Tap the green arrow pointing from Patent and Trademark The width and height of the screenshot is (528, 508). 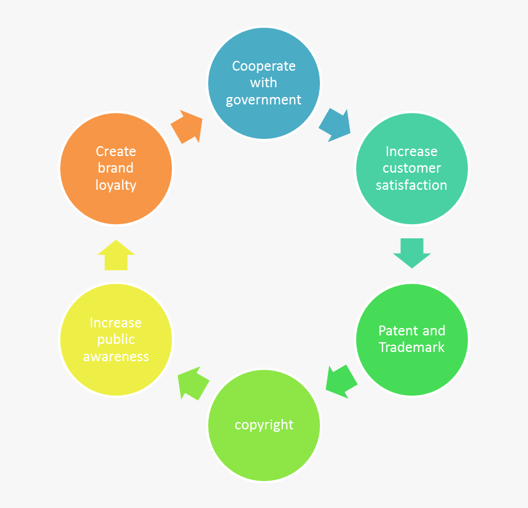pos(341,381)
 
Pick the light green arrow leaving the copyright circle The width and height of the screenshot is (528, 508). pos(193,383)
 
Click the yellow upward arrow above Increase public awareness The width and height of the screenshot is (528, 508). pos(116,255)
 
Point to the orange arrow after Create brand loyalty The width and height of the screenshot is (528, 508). pos(187,127)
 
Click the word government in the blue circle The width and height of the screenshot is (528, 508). pos(263,100)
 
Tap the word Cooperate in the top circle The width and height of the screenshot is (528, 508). pos(263,66)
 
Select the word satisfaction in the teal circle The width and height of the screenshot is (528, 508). pos(411,185)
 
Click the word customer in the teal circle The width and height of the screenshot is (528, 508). pos(411,168)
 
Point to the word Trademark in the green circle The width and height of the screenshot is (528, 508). pos(411,348)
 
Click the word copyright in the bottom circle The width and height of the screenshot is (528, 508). pos(264,425)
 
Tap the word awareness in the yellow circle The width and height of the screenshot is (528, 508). pos(116,356)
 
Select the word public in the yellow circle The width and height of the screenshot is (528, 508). pos(116,340)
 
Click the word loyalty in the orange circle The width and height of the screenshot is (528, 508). pos(116,185)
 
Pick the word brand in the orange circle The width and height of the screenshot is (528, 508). pos(116,168)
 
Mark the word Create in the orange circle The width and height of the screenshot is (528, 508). pos(116,151)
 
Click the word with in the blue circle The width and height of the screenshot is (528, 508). pos(263,83)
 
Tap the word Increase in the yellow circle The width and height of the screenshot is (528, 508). pos(116,322)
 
